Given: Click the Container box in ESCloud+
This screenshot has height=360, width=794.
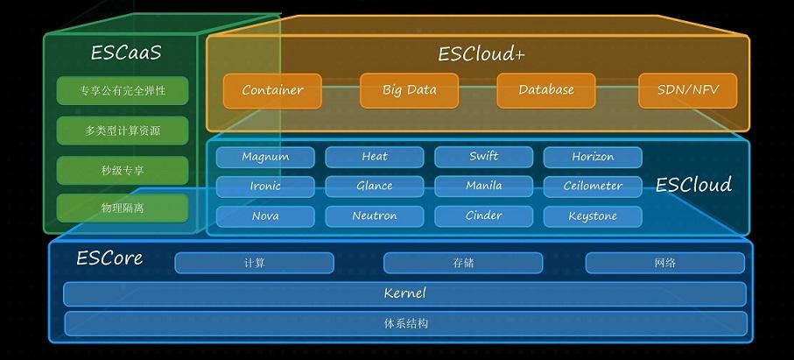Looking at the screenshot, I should [x=272, y=90].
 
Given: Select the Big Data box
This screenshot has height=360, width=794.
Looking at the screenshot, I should [x=409, y=90].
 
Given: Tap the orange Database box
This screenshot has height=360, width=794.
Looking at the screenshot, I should [x=545, y=90].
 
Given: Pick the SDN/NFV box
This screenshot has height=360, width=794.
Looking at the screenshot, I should [x=687, y=90].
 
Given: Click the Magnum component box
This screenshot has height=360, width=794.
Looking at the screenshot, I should [x=265, y=157].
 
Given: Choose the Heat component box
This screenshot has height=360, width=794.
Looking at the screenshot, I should [x=374, y=157].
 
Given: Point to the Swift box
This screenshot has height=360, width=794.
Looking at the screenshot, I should [x=483, y=157].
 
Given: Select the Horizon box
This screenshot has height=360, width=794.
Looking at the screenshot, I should [x=593, y=157].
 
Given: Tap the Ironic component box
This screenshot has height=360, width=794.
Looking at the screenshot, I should [x=265, y=187].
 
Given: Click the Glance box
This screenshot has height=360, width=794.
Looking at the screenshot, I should [x=374, y=187].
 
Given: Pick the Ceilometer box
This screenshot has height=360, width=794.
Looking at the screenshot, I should [x=593, y=187].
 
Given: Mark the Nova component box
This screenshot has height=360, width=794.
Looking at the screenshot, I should [x=265, y=216].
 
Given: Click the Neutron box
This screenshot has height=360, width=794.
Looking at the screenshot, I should [x=374, y=216].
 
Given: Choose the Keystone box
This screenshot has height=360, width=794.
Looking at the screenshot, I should [x=593, y=216].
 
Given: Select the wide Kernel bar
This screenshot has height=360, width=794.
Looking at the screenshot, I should [x=404, y=293].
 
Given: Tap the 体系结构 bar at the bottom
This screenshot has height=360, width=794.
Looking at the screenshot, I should [x=404, y=323].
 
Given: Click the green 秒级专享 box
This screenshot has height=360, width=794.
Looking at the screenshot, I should [x=123, y=170].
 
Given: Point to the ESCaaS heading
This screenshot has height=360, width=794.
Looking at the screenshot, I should [x=125, y=53].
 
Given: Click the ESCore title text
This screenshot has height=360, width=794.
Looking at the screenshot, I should [x=109, y=258].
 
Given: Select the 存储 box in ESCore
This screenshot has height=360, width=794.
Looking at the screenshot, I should [x=463, y=263].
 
